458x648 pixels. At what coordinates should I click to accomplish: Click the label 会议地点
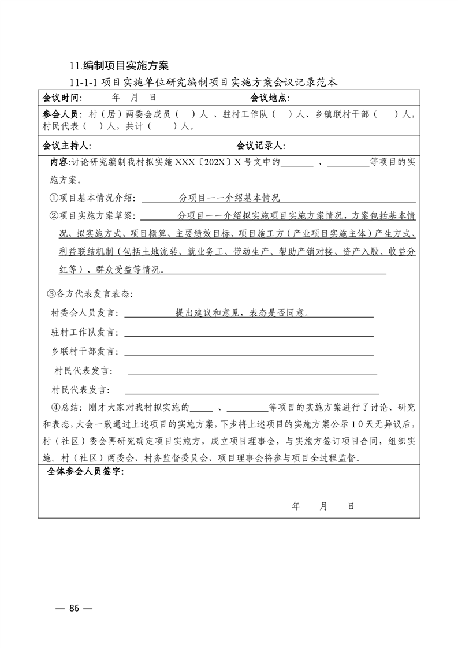point(270,97)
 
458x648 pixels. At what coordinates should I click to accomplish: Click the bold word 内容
point(59,163)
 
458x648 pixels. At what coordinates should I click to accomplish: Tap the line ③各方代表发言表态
point(90,294)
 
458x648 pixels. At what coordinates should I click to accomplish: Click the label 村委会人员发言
point(85,314)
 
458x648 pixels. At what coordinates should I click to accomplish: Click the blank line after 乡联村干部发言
point(248,352)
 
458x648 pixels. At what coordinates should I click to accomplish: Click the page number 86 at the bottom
point(73,608)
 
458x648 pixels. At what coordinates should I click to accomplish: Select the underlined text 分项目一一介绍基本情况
point(229,198)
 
